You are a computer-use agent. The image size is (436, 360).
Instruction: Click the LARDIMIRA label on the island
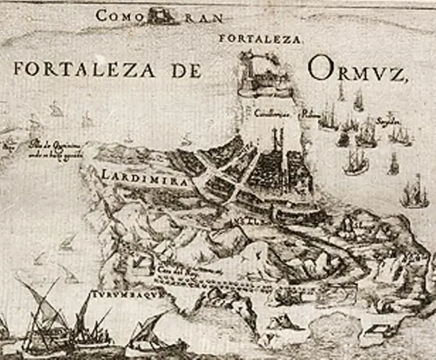point(136,175)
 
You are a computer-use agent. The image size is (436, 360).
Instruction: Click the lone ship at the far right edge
point(415,193)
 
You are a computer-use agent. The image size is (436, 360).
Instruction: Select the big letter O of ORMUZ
point(320,68)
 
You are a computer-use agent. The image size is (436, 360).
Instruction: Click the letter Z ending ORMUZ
point(398,71)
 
